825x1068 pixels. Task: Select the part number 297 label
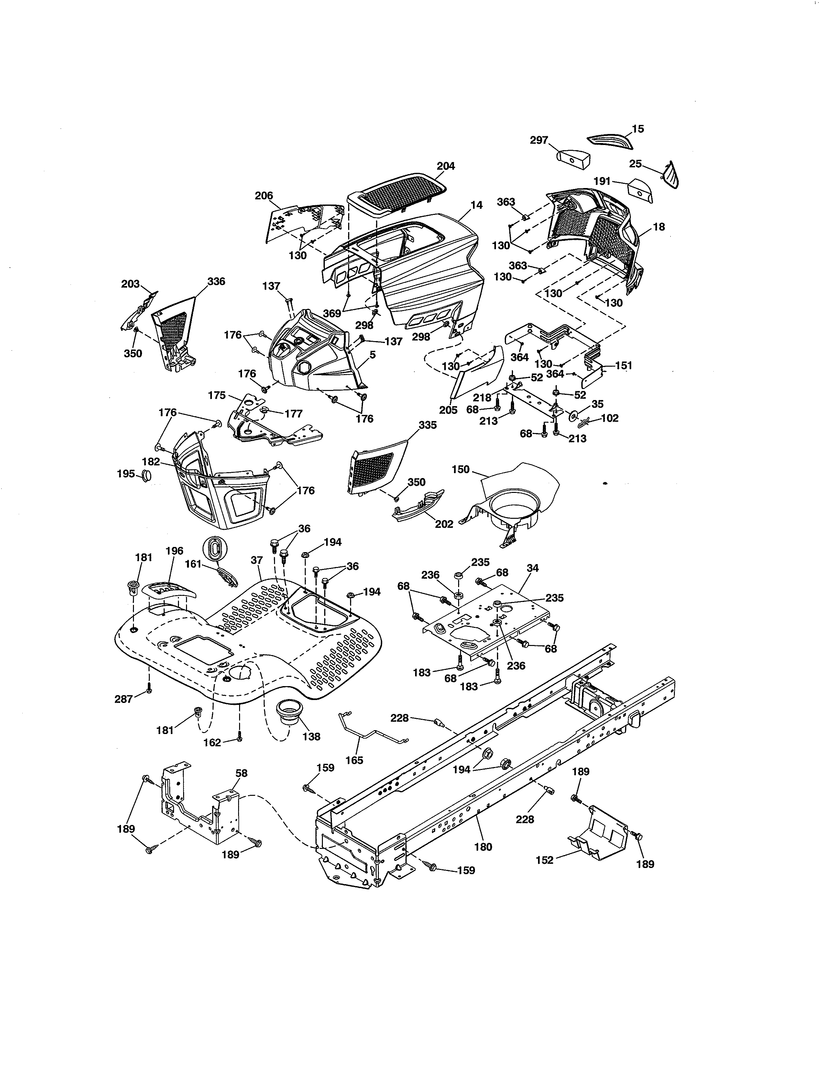[x=539, y=140]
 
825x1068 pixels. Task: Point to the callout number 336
[x=216, y=282]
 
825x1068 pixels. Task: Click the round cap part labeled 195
[x=146, y=475]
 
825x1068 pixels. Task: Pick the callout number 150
[x=460, y=470]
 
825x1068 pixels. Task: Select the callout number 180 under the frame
[x=483, y=847]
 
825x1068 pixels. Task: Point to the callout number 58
[x=241, y=773]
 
